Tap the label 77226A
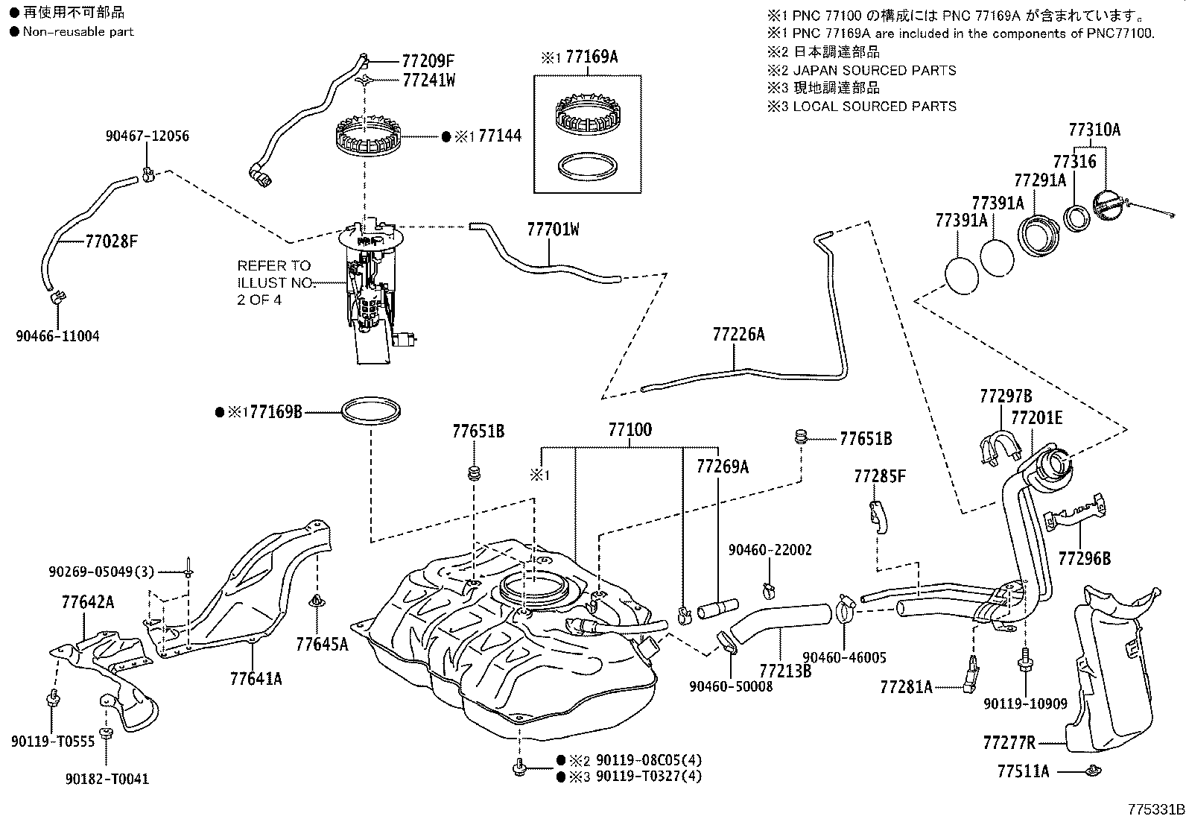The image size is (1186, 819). coord(738,335)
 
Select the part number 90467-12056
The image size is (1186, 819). coord(147,136)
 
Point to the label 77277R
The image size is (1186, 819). coord(1009,743)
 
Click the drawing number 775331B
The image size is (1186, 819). coord(1155,809)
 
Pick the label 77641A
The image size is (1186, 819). coord(256,679)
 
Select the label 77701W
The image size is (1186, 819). coord(553,230)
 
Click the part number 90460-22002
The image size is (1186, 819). coord(770,550)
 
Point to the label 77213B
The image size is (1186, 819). coord(785,671)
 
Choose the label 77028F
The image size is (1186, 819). coord(111,241)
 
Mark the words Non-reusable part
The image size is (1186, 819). coord(78,31)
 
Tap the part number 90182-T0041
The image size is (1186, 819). coord(107,779)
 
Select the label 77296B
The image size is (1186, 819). coord(1084,558)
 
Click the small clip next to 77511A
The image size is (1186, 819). coord(1091,771)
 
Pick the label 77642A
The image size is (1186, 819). coord(88,602)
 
